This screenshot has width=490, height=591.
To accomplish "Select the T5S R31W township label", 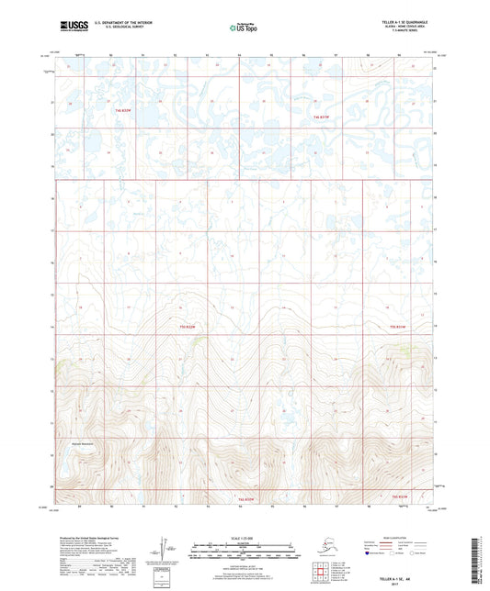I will point(397,326).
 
